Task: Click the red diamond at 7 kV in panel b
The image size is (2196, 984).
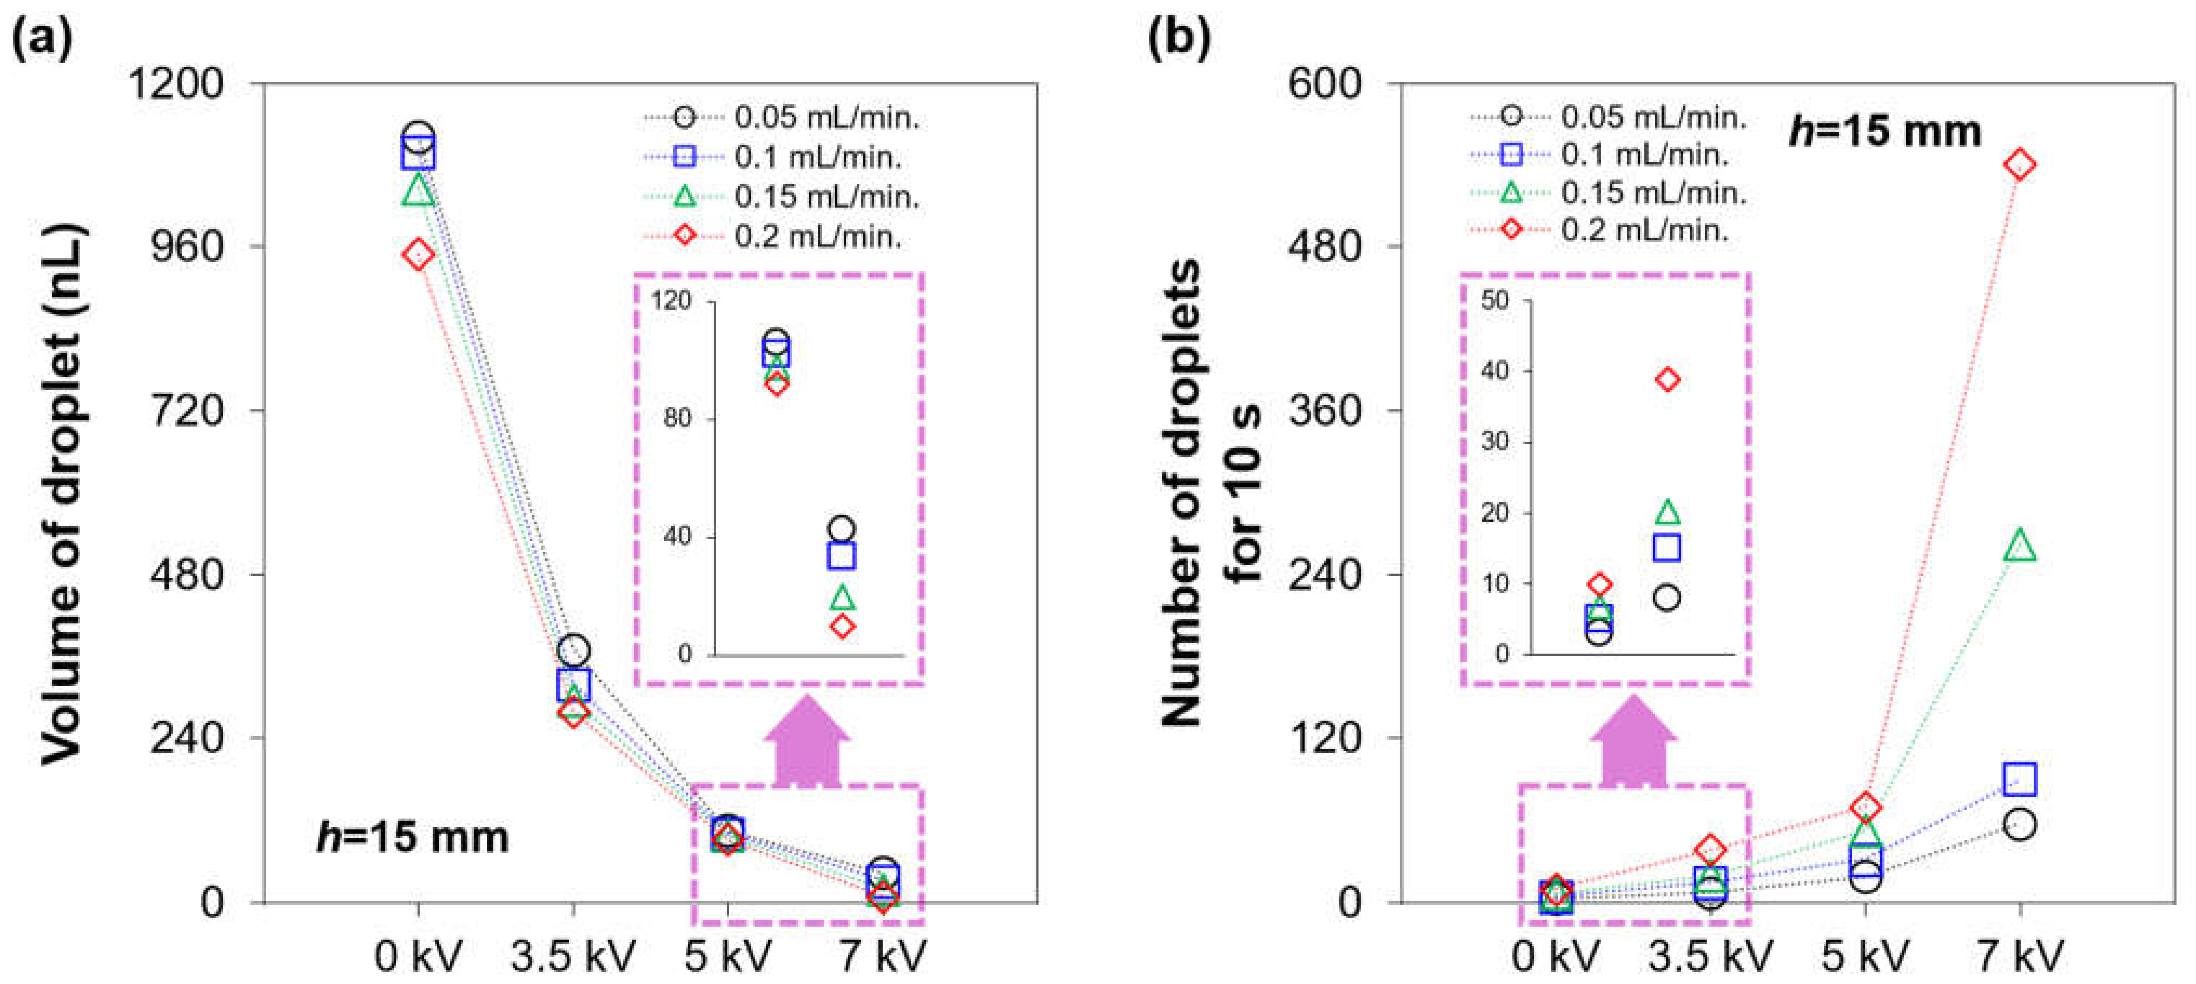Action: [x=2020, y=164]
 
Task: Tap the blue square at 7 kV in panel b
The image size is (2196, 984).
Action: [x=2020, y=779]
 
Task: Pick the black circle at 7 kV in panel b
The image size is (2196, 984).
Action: [x=2020, y=825]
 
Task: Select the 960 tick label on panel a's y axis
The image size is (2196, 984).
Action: [x=186, y=247]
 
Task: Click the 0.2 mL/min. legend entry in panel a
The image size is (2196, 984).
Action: [x=817, y=236]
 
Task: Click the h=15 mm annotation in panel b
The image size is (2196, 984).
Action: [x=1884, y=132]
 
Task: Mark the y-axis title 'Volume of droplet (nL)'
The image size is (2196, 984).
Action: [x=64, y=494]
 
